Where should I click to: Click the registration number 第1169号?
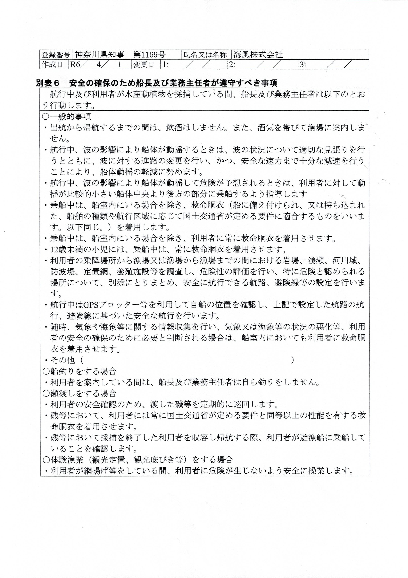tap(150, 55)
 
